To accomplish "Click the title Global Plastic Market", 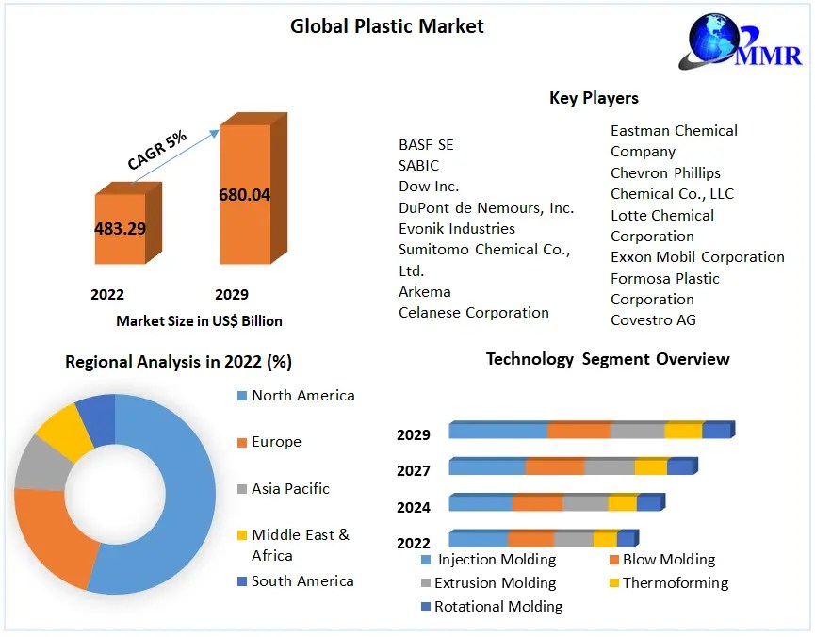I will [x=386, y=26].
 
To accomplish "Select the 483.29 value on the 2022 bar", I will [x=120, y=228].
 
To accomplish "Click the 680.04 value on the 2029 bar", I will [x=244, y=195].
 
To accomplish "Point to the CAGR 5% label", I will [x=157, y=149].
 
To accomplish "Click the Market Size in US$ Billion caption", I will [x=199, y=320].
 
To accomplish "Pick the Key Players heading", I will [x=594, y=98].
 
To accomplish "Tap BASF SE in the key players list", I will [x=426, y=144].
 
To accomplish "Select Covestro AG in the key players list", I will [x=654, y=320].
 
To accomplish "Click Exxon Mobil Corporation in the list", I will [x=697, y=256].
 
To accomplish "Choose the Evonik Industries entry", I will [x=457, y=228].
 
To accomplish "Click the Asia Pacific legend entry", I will [x=290, y=488].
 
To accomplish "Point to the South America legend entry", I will [x=302, y=580].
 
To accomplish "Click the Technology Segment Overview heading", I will [x=608, y=359].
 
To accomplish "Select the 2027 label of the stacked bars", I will [x=414, y=470].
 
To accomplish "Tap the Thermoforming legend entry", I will [x=676, y=582].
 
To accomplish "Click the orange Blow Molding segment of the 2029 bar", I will [x=579, y=431].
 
